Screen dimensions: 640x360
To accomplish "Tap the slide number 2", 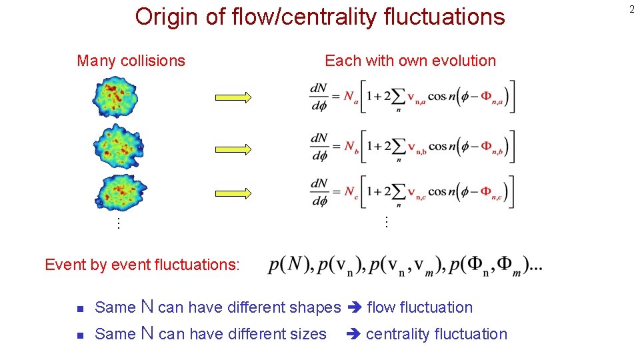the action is [631, 9].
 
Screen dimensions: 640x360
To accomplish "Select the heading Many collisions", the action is [131, 61].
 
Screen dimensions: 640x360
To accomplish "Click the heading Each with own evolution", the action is [410, 61].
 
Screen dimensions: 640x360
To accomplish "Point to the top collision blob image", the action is [115, 97].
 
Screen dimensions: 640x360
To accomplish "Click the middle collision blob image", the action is [118, 144].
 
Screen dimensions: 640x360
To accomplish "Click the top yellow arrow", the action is [233, 97].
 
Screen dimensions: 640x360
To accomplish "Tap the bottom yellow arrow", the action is [233, 193].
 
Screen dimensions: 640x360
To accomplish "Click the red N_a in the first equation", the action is [351, 97].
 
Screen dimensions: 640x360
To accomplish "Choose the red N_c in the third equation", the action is [351, 192].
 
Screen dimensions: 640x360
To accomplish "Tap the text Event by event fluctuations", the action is [141, 265].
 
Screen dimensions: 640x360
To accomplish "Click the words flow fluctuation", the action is [419, 307].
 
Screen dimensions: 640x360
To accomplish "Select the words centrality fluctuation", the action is [436, 334].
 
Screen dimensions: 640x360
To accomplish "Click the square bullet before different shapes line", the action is [79, 309].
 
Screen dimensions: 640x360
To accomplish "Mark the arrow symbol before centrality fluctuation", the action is [353, 334].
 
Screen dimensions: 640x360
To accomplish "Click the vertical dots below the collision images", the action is [118, 223].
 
